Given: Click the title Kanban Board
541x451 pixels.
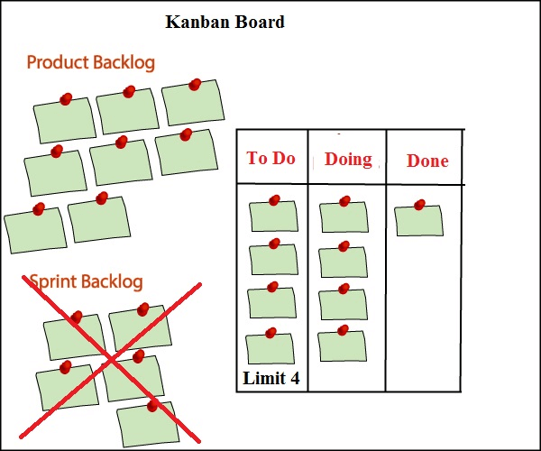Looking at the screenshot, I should (225, 22).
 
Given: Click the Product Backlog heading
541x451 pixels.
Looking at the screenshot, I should (90, 63).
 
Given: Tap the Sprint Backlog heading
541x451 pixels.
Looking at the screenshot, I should (86, 282).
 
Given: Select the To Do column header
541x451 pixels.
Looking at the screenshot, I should (271, 159).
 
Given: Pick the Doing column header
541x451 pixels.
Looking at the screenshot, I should (348, 160).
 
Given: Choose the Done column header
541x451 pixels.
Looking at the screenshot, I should (427, 161).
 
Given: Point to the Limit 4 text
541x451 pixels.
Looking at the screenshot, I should (271, 379).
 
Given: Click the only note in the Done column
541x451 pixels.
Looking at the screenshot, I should (419, 221).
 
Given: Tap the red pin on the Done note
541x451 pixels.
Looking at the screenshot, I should (419, 206).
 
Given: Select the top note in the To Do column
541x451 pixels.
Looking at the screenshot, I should (274, 216).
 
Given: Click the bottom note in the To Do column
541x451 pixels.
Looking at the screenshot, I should (270, 349).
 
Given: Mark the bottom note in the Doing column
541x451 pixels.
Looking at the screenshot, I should (342, 345).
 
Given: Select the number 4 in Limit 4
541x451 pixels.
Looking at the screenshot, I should (294, 379).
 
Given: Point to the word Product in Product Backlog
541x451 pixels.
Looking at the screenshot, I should (57, 63).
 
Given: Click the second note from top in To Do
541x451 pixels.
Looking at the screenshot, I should (273, 259).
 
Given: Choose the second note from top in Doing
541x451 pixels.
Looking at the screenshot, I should (344, 262).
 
